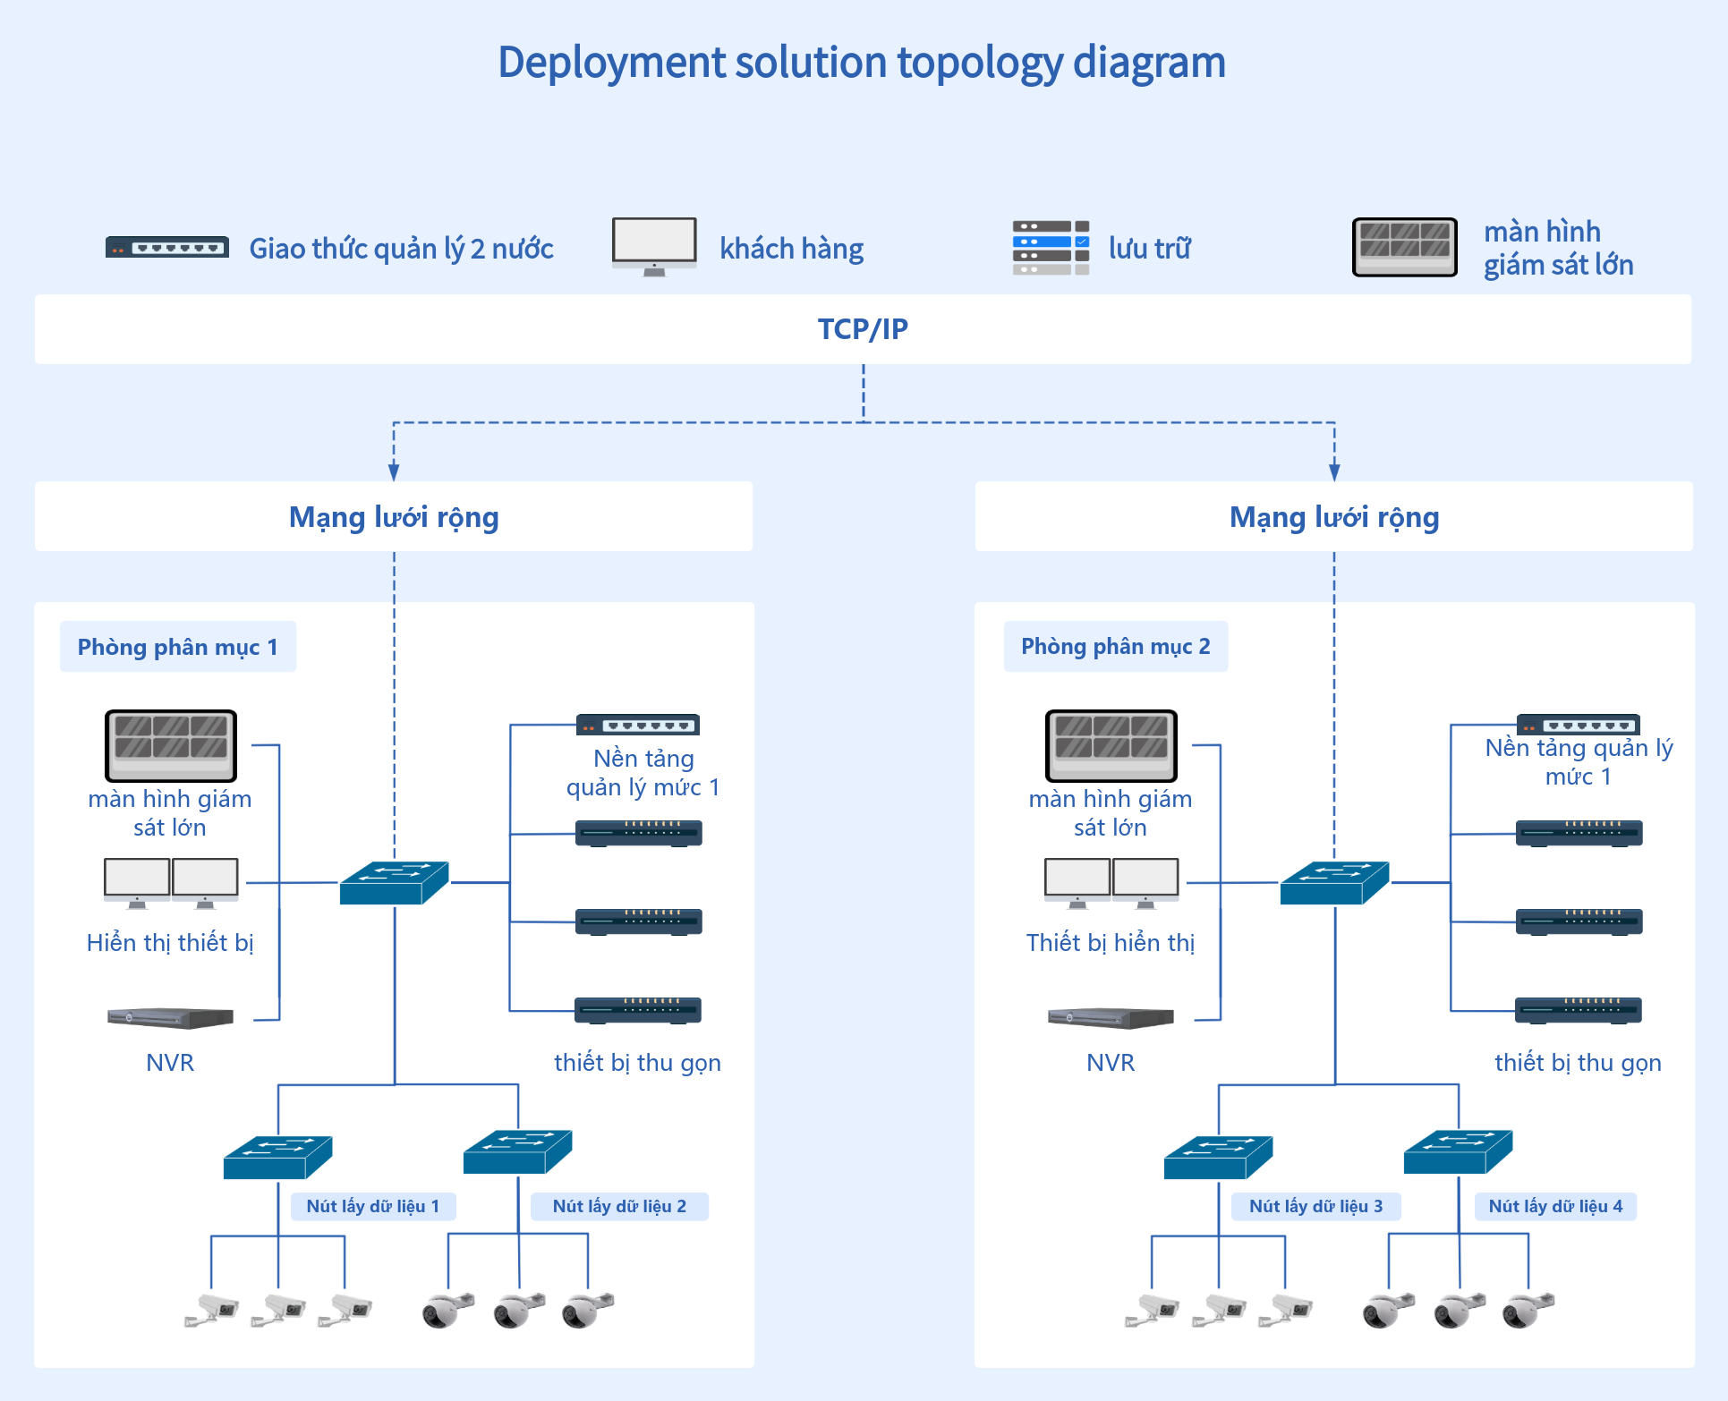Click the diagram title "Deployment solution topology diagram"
point(862,63)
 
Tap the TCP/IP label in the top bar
point(863,329)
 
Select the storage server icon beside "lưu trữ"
point(1051,248)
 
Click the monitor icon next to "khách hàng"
point(654,247)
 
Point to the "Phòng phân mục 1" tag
point(178,647)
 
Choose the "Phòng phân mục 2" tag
point(1116,647)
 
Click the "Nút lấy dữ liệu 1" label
point(373,1206)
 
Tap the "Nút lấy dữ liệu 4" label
point(1555,1206)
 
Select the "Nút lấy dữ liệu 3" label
point(1316,1206)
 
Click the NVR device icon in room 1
point(170,1018)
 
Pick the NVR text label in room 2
point(1111,1063)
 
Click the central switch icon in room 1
point(395,882)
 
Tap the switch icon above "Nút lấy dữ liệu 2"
point(518,1151)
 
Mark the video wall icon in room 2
point(1111,746)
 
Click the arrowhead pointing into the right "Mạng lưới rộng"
point(1334,472)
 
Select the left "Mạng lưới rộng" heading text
point(394,517)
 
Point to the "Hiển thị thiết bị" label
point(170,943)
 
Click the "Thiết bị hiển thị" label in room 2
point(1111,943)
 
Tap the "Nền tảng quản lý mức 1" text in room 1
point(643,773)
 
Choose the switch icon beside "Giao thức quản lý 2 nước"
point(167,247)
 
